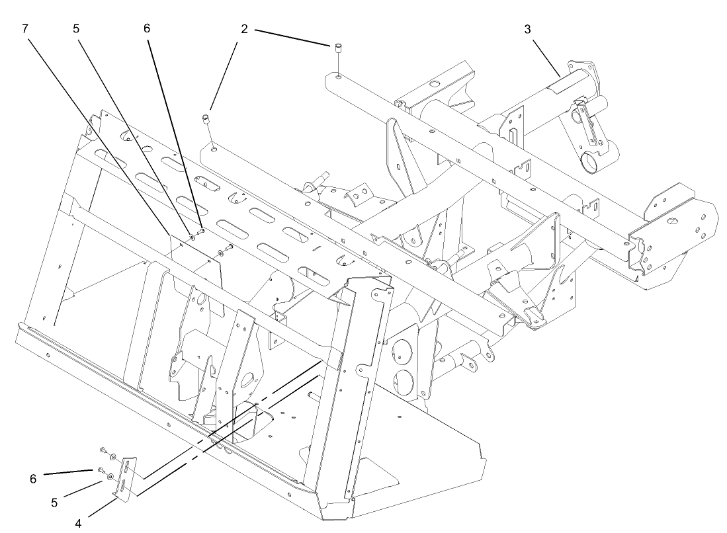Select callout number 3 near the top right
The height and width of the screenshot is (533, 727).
coord(527,30)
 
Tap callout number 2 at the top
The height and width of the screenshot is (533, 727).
coord(244,30)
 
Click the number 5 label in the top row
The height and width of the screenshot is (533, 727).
coord(77,30)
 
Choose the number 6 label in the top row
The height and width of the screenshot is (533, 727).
coord(147,30)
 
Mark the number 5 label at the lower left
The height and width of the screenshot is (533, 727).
coord(55,502)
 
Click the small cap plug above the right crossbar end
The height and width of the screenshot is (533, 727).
coord(337,48)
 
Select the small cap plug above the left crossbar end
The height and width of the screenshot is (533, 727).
coord(206,118)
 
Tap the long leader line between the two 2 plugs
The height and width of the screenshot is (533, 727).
coord(292,36)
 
